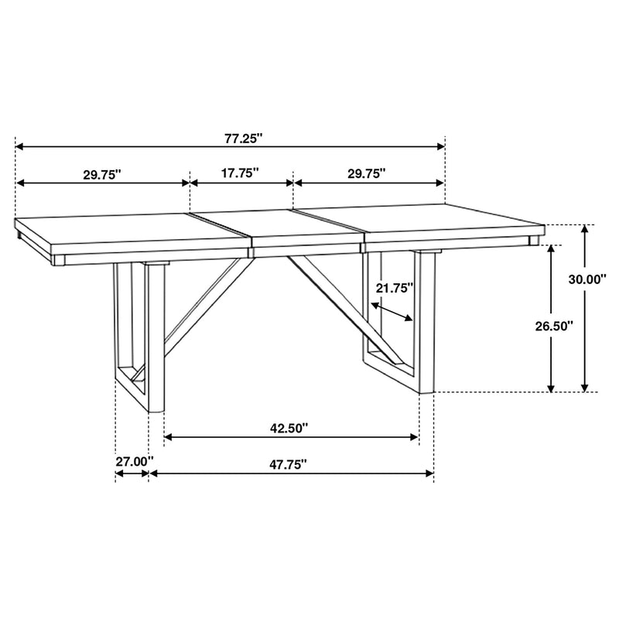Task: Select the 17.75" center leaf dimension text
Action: [x=239, y=174]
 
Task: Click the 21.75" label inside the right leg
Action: [x=395, y=288]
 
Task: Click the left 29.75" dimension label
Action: [x=104, y=175]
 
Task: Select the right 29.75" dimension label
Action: [x=367, y=175]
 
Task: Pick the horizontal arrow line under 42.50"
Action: [x=292, y=438]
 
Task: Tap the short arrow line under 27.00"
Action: [x=132, y=474]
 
